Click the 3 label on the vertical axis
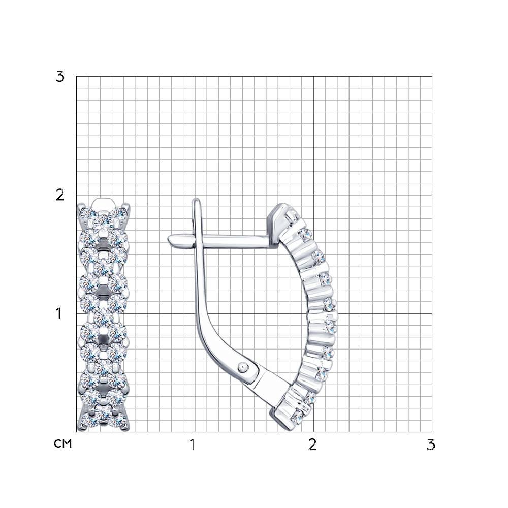[x=60, y=77]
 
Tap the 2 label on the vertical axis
[x=60, y=196]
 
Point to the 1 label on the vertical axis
[x=59, y=313]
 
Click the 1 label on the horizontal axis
[x=193, y=445]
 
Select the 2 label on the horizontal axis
[x=312, y=445]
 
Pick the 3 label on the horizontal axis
[x=431, y=445]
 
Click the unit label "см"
[x=63, y=444]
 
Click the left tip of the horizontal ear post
[x=168, y=240]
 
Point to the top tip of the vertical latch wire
[x=196, y=199]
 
